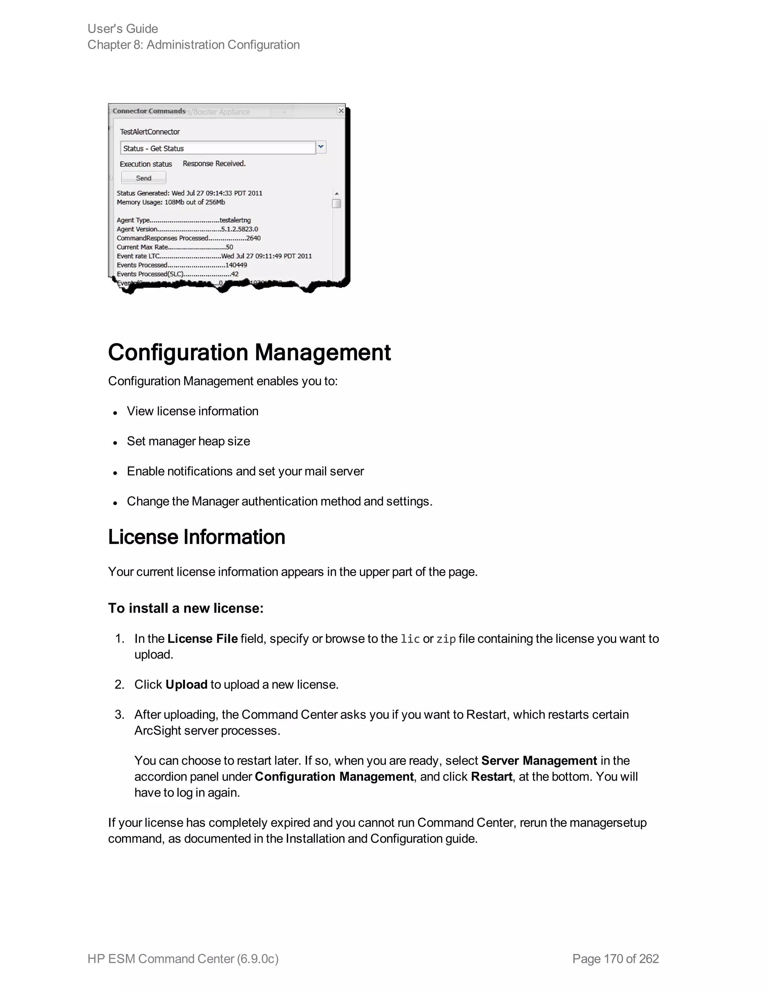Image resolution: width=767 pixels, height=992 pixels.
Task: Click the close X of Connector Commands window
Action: [x=341, y=111]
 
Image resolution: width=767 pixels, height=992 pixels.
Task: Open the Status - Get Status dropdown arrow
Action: [x=321, y=147]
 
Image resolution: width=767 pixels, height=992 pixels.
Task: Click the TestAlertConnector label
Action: [x=149, y=132]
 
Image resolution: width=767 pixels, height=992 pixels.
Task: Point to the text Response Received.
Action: [x=214, y=164]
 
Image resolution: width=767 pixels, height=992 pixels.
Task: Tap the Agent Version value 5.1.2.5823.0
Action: [x=239, y=229]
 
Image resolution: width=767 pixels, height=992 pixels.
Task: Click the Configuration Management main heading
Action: [x=249, y=353]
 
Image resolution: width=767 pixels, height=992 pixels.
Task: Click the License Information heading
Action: [x=196, y=537]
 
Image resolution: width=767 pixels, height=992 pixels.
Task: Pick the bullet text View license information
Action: [x=192, y=411]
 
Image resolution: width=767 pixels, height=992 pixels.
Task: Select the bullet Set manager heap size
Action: [x=188, y=441]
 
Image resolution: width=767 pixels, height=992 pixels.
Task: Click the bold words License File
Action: [x=202, y=639]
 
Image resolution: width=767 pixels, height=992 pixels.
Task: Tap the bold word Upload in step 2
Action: [x=186, y=685]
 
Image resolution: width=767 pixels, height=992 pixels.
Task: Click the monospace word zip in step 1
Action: [x=446, y=639]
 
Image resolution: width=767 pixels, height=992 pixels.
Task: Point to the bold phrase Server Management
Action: [x=539, y=760]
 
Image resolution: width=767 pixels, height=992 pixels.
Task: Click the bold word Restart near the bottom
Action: [x=491, y=777]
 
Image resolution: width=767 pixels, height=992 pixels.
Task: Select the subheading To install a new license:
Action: [x=185, y=608]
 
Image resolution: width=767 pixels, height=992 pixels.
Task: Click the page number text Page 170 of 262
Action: [x=615, y=958]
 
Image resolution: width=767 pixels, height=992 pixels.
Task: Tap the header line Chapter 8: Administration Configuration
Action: [x=194, y=45]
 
